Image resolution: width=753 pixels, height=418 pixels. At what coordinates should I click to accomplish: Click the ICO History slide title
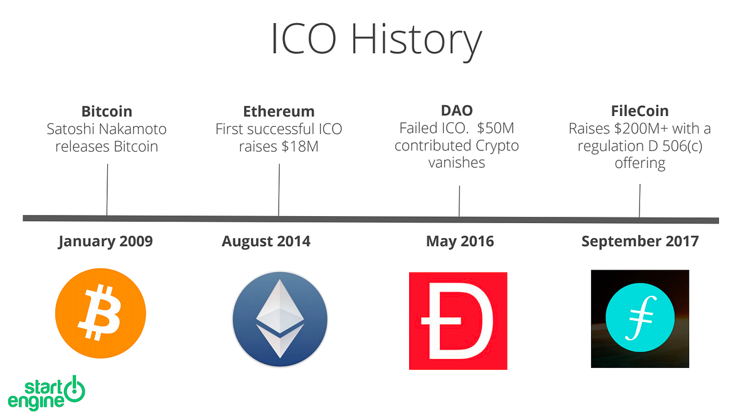click(x=376, y=40)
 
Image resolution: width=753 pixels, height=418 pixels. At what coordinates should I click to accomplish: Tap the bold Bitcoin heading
click(x=107, y=112)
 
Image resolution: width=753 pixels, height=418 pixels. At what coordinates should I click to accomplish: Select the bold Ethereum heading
click(x=279, y=112)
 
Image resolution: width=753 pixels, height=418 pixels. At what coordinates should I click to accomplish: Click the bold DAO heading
click(x=457, y=110)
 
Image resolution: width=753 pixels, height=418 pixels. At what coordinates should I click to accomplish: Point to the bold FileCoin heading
click(x=639, y=111)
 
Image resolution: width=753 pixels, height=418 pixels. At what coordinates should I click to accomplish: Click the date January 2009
click(x=105, y=241)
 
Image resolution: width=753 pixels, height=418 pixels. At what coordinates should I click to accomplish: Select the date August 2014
click(x=266, y=241)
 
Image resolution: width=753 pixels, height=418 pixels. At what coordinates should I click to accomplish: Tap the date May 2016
click(x=460, y=241)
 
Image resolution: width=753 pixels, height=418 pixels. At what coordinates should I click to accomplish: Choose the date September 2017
click(x=640, y=241)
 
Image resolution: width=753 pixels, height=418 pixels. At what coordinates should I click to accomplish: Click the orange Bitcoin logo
click(x=100, y=313)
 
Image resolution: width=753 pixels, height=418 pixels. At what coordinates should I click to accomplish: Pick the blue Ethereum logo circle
click(x=280, y=319)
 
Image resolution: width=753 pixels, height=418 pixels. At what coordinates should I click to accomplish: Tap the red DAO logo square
click(x=458, y=321)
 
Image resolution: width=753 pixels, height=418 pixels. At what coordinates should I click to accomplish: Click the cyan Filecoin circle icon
click(x=639, y=318)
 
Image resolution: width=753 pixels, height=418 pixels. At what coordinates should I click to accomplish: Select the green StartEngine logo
click(x=46, y=393)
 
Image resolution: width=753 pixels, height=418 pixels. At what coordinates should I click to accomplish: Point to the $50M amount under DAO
click(x=496, y=128)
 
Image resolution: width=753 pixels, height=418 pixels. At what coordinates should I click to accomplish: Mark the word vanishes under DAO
click(x=457, y=163)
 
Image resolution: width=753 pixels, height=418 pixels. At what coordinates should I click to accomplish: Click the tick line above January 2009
click(x=107, y=190)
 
